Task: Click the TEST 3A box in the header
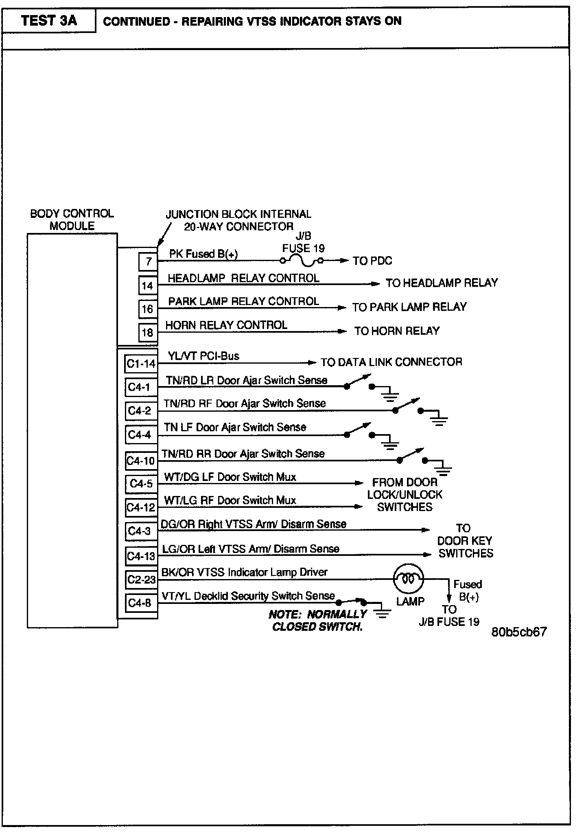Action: pyautogui.click(x=49, y=21)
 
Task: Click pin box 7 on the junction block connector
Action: pyautogui.click(x=148, y=261)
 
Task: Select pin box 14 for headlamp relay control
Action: pyautogui.click(x=147, y=285)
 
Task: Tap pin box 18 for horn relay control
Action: pyautogui.click(x=147, y=333)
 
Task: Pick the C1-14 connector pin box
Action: pyautogui.click(x=141, y=364)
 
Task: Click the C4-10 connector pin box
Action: pyautogui.click(x=141, y=461)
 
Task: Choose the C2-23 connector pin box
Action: pyautogui.click(x=141, y=579)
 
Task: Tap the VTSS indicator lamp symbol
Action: pyautogui.click(x=408, y=579)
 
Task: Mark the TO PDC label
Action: pyautogui.click(x=372, y=261)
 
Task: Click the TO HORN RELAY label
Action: pyautogui.click(x=397, y=331)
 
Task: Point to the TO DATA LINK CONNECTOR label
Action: pyautogui.click(x=391, y=362)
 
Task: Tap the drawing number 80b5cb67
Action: pyautogui.click(x=519, y=632)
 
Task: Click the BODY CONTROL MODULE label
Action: pyautogui.click(x=72, y=220)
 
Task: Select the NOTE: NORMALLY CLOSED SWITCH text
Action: pyautogui.click(x=317, y=621)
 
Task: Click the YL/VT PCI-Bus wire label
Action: pyautogui.click(x=203, y=356)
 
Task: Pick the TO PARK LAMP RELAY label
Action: pyautogui.click(x=409, y=307)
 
